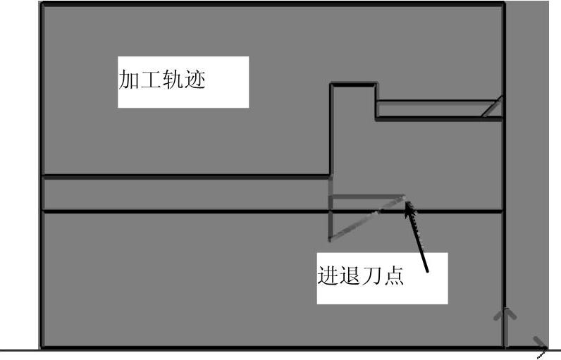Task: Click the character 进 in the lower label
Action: [x=328, y=275]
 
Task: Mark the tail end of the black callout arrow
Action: [x=427, y=270]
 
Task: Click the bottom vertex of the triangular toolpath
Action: [x=330, y=240]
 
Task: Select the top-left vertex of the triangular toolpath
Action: [x=330, y=197]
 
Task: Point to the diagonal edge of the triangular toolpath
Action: [x=368, y=218]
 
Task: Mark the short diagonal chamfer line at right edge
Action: [x=492, y=106]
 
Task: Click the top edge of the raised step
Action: [x=353, y=85]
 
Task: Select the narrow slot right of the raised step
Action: [x=437, y=110]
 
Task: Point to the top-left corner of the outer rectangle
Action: [x=41, y=4]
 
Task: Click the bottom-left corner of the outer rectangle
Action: [x=41, y=347]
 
